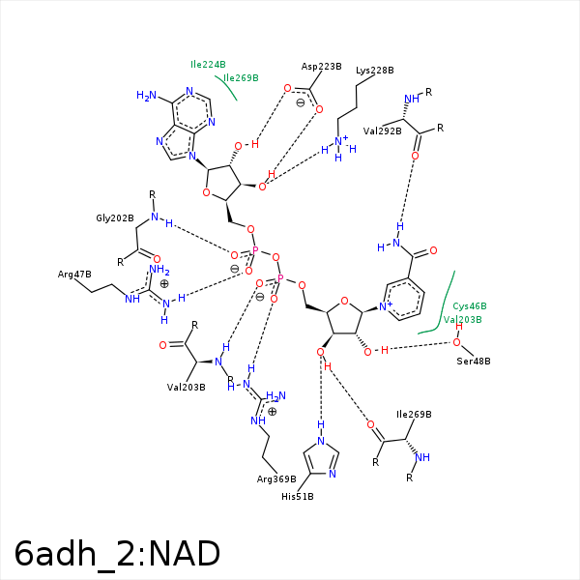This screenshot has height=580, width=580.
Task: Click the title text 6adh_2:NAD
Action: pos(118,553)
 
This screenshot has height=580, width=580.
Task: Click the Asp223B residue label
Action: pos(321,67)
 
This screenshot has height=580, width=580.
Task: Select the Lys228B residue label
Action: pos(375,71)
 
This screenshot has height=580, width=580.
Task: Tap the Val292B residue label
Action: pos(382,130)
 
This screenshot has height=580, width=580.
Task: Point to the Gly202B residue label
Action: pos(114,218)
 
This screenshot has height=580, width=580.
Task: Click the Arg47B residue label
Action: pos(72,275)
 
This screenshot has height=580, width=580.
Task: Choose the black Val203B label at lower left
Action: pos(187,388)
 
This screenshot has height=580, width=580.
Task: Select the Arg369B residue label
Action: pos(275,478)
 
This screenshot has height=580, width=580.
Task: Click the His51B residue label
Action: pos(298,496)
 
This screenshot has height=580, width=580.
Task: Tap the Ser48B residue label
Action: pos(474,362)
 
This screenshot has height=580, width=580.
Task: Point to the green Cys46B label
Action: pos(470,305)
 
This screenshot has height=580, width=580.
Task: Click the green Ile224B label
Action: pos(207,65)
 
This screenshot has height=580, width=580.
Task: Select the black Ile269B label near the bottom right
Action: pos(414,415)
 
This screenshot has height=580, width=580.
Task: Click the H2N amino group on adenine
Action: pos(146,96)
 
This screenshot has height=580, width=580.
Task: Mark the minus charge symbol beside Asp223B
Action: pos(300,102)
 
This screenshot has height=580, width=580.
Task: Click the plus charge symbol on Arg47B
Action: pos(164,284)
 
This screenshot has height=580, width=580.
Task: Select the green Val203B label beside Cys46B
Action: pos(462,319)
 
